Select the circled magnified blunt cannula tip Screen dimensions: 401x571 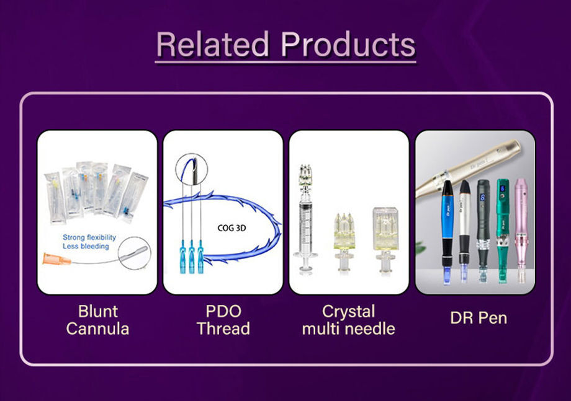pos(135,252)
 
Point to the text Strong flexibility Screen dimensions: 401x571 pos(89,237)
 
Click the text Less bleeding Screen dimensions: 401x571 pos(86,247)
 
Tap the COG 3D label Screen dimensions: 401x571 pos(233,227)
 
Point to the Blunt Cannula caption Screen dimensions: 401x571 pos(97,319)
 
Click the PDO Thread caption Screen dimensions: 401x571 pos(223,319)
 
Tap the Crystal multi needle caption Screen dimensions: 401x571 pos(348,319)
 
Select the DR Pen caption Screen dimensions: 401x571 pos(479,319)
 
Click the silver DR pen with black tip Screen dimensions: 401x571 pos(465,229)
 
